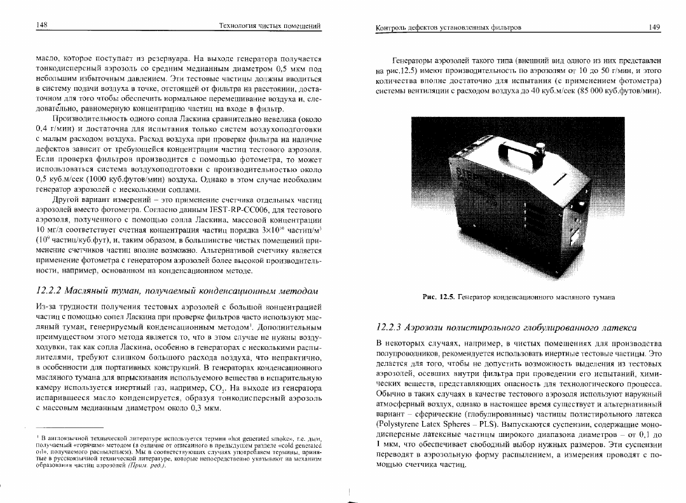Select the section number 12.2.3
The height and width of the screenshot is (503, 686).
[394, 328]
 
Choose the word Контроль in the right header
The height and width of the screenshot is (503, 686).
[393, 28]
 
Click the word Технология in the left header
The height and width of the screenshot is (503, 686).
[238, 25]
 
